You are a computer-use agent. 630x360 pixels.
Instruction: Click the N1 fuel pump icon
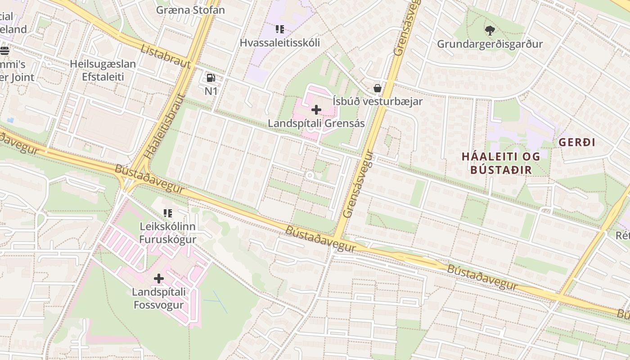click(211, 78)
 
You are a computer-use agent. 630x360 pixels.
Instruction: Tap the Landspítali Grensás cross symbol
click(316, 109)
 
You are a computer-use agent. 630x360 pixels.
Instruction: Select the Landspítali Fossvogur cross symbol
click(158, 279)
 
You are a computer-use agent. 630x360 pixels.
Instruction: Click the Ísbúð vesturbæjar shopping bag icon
click(378, 88)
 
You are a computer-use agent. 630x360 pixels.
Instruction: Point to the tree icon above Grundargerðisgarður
click(490, 31)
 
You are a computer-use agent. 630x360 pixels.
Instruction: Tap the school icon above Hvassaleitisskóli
click(280, 29)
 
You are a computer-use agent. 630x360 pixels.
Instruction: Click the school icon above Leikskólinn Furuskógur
click(168, 213)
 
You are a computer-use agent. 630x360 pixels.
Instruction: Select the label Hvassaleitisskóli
click(280, 43)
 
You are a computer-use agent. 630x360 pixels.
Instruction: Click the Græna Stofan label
click(190, 9)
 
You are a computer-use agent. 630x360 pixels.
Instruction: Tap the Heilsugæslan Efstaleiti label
click(103, 70)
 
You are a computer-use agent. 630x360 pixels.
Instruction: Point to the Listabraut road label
click(166, 56)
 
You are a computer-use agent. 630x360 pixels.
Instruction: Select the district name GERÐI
click(577, 142)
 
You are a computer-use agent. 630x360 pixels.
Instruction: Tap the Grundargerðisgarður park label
click(490, 44)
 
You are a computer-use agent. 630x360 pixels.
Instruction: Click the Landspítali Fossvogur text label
click(158, 298)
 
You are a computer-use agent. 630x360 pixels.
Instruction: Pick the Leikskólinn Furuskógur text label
click(167, 233)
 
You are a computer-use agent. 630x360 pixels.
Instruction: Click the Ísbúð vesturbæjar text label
click(378, 101)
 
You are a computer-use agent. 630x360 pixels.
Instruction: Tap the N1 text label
click(211, 91)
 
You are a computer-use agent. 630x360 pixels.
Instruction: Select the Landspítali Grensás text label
click(316, 123)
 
